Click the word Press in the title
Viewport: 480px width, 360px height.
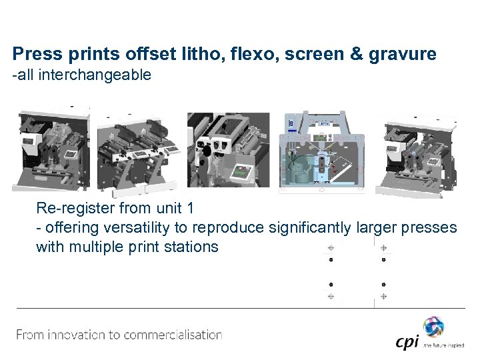pyautogui.click(x=33, y=54)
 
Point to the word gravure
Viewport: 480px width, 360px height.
pyautogui.click(x=407, y=54)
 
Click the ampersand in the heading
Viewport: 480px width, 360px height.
pyautogui.click(x=353, y=54)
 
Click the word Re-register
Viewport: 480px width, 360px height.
pyautogui.click(x=73, y=208)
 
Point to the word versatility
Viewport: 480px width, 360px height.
pyautogui.click(x=112, y=227)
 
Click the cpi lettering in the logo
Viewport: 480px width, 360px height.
pyautogui.click(x=407, y=341)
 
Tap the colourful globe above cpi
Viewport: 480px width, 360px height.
pyautogui.click(x=433, y=326)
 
